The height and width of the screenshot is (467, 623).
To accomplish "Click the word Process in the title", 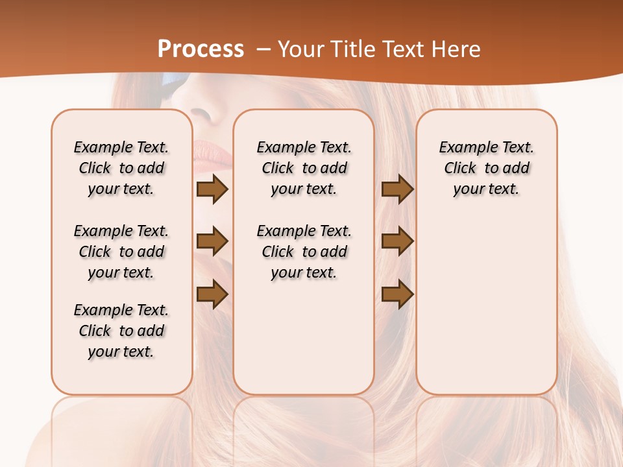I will pos(201,49).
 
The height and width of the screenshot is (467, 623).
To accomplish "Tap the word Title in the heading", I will pos(351,49).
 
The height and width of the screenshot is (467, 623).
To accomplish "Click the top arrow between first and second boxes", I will pos(212,189).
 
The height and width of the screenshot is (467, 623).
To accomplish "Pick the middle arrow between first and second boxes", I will pos(212,241).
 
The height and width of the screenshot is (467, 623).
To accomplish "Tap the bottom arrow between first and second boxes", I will pos(212,294).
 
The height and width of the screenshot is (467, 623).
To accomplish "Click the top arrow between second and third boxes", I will pos(397,189).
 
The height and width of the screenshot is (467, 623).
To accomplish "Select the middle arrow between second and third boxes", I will pos(397,241).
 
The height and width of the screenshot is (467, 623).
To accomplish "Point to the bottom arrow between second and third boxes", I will pos(397,294).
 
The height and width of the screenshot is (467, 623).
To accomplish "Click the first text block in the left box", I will pos(121,168).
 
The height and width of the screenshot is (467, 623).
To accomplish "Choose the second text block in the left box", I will pos(121,252).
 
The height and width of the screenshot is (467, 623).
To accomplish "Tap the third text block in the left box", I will pos(121,331).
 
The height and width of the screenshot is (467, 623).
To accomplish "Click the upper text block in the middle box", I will pos(304,168).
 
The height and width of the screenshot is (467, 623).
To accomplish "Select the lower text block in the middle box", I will pos(304,252).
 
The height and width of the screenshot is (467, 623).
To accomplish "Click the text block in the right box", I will pos(486,168).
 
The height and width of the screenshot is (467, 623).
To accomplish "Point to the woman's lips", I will pos(214,156).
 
